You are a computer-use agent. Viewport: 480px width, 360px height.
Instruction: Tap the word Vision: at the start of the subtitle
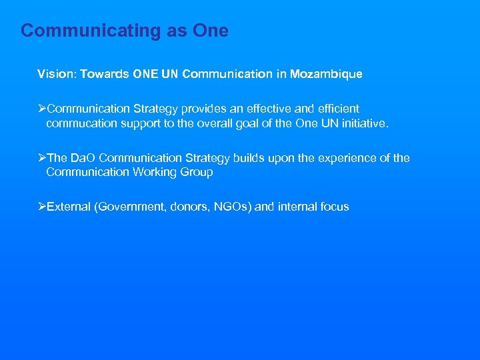click(57, 74)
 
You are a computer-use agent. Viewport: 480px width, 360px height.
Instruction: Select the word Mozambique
click(327, 74)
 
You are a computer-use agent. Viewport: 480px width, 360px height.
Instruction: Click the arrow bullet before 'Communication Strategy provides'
click(42, 109)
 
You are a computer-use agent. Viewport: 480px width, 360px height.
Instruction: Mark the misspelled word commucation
click(82, 123)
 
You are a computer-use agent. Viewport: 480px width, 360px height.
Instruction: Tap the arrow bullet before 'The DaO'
click(42, 158)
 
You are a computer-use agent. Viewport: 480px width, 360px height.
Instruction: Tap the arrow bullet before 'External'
click(42, 207)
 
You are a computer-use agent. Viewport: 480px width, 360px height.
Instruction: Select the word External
click(69, 207)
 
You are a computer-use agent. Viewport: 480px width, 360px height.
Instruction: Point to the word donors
click(190, 207)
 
